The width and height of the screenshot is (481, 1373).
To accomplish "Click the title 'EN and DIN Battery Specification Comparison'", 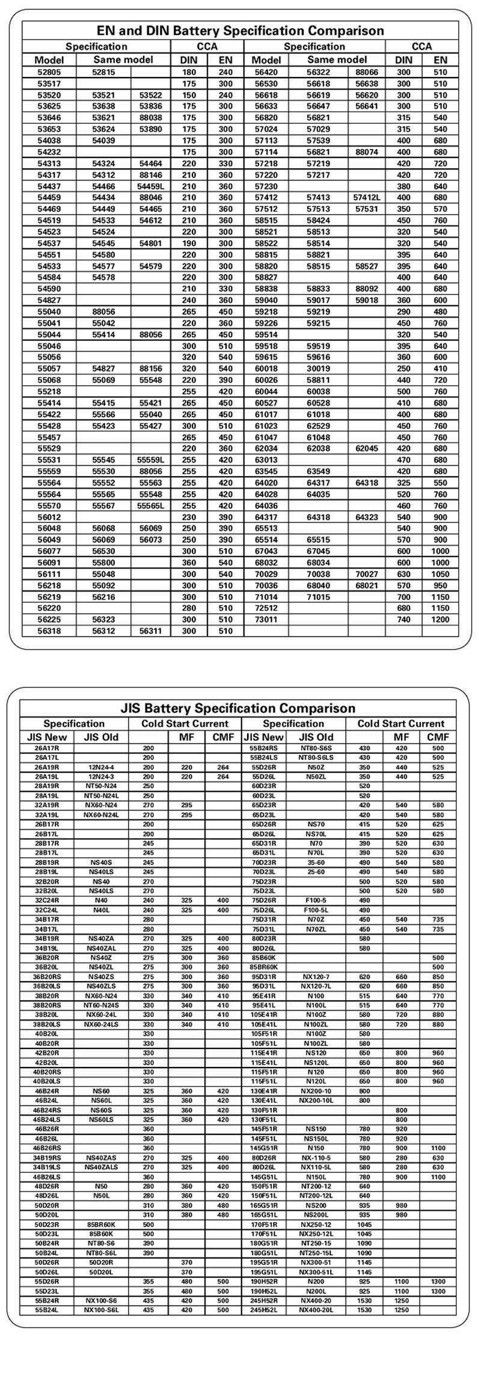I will [x=240, y=31].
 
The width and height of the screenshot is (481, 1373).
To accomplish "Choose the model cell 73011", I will [x=266, y=620].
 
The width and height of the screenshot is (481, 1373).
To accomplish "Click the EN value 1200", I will [x=440, y=620].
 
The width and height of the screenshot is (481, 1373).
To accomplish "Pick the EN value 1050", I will [x=440, y=574].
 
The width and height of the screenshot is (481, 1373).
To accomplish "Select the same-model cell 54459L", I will [x=150, y=186].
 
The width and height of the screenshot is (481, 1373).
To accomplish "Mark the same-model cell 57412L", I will [x=367, y=198].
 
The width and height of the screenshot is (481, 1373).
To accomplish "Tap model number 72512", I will [x=266, y=608].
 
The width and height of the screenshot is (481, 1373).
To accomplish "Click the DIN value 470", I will [x=403, y=460].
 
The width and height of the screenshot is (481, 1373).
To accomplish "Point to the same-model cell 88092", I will [x=367, y=289].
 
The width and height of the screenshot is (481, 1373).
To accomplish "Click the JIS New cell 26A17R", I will [x=46, y=748].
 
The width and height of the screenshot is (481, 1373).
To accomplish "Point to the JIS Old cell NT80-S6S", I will [x=316, y=748].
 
